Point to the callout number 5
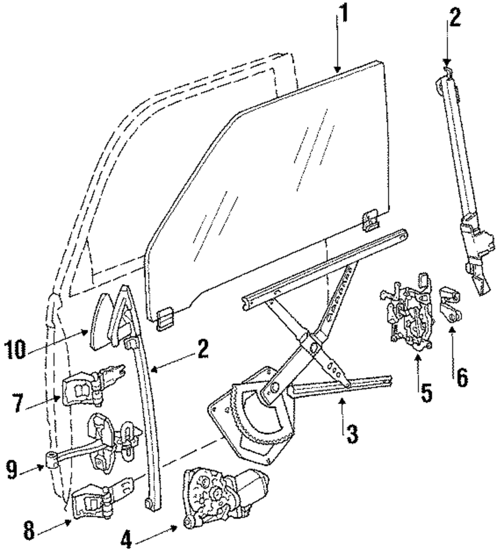click(x=425, y=392)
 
